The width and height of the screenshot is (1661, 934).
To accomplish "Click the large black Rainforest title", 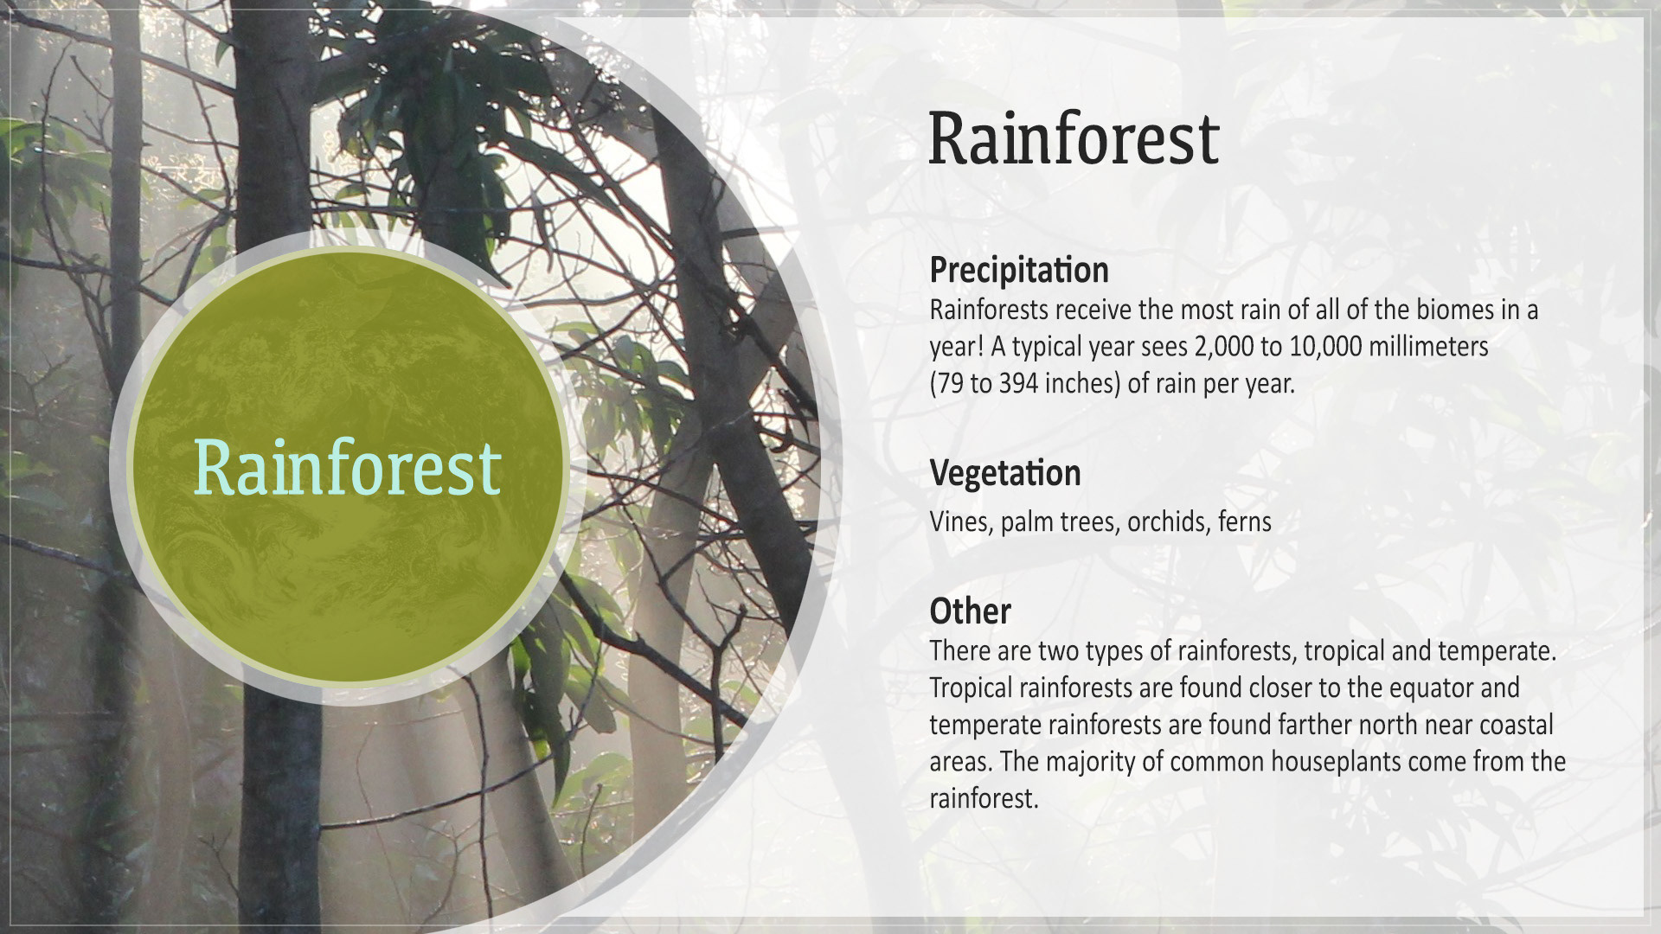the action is (x=1074, y=138).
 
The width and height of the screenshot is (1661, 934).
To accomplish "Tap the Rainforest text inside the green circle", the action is (x=347, y=467).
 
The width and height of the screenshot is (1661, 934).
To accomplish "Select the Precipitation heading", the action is (x=1019, y=270).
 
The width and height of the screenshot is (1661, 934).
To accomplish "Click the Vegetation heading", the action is (x=1005, y=473).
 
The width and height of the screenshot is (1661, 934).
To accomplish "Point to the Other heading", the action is (x=970, y=611).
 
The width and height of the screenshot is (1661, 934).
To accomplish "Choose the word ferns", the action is (x=1245, y=521).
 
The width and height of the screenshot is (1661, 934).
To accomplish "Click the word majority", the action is (x=1103, y=762).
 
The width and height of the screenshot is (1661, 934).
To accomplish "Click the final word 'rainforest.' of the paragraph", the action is (x=984, y=798).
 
